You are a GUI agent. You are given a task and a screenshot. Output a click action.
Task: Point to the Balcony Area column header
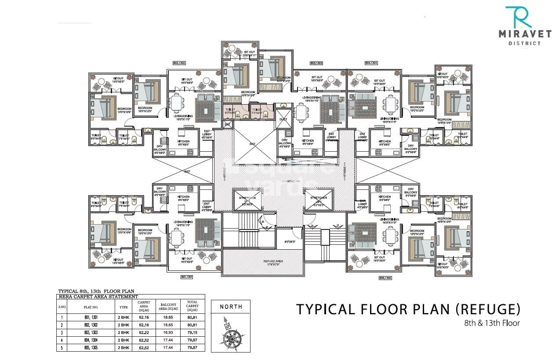169,306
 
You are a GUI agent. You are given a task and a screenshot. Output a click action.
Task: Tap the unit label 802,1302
179,63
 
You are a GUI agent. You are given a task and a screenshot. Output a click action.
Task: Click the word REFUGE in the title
487,309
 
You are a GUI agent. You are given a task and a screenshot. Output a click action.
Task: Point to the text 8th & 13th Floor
492,323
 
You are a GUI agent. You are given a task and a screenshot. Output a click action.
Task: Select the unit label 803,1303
316,63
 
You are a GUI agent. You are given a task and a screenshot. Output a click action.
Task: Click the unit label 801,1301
186,277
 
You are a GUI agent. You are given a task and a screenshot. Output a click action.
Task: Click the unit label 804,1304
371,63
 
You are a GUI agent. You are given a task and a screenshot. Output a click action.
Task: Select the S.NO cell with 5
63,348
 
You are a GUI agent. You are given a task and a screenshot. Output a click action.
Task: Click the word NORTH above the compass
231,307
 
